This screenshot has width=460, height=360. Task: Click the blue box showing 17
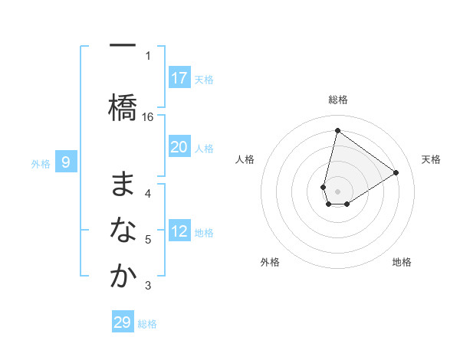pos(179,78)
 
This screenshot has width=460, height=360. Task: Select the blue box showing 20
pos(179,148)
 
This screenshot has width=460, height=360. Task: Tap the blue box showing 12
pos(179,232)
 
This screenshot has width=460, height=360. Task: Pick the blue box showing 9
pos(67,162)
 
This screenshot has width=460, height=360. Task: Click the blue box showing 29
pos(123,322)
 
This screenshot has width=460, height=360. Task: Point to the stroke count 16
pos(148,116)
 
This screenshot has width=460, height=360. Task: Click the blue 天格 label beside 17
pos(204,79)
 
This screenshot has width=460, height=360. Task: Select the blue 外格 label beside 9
pos(41,163)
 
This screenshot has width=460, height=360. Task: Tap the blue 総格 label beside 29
pos(148,324)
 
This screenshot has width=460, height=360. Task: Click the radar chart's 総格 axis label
pos(338,100)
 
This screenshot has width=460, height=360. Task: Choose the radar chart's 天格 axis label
pos(431,159)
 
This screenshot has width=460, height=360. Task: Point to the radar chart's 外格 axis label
pos(270,262)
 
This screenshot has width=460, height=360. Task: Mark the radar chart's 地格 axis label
pos(402,262)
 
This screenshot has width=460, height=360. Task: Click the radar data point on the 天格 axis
pos(396,172)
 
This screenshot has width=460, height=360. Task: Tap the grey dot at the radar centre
pos(338,191)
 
